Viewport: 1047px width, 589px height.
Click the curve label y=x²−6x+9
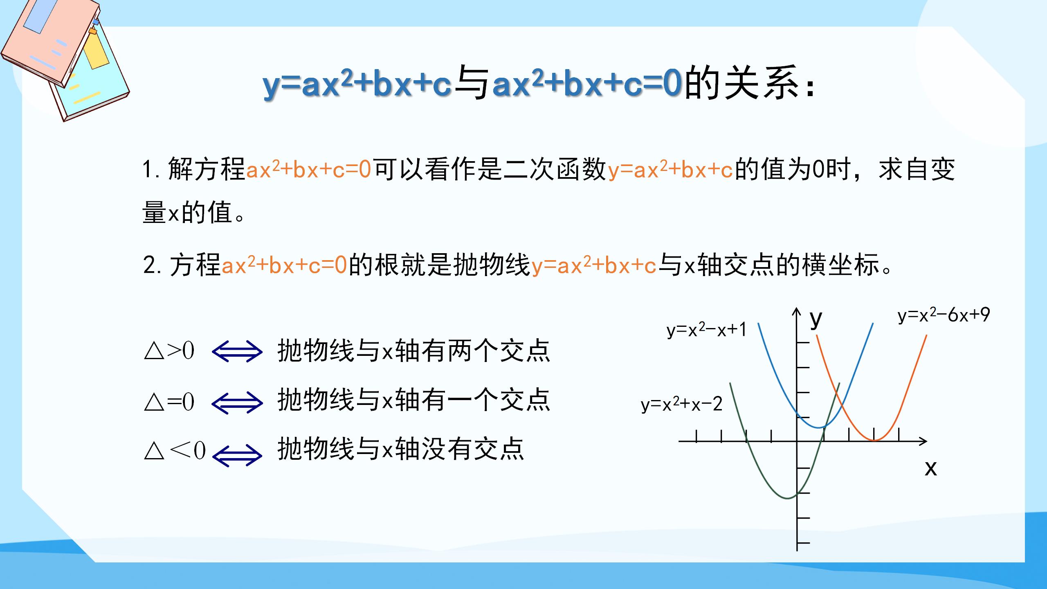944,315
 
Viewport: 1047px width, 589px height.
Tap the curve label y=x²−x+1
706,330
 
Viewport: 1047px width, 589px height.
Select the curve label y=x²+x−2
681,404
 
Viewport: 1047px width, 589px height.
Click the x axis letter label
930,468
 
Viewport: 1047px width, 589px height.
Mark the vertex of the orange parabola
874,441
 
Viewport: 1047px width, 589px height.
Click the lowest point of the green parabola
786,498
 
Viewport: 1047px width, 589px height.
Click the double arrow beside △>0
237,352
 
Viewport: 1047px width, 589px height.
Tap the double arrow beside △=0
237,402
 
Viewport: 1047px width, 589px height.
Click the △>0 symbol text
169,351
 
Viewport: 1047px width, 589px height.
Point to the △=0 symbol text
169,402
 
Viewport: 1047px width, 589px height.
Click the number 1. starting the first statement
151,169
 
